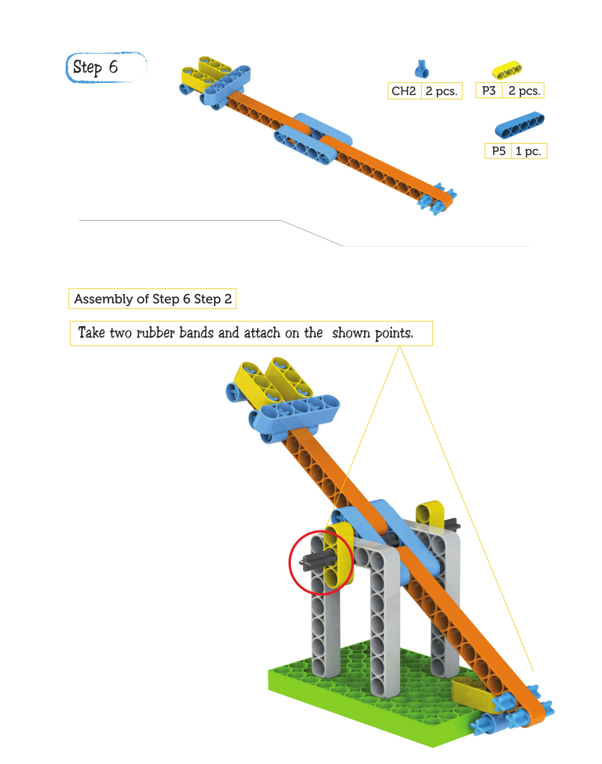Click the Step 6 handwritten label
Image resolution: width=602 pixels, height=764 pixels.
tap(96, 67)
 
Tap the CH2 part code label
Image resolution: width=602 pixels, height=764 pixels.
tap(404, 91)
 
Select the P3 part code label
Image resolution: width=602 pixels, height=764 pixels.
tap(488, 90)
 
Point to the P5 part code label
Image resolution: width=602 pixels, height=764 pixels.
tap(498, 151)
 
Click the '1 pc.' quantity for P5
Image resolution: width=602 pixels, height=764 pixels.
tap(529, 151)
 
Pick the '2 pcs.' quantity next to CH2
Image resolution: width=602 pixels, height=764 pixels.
tap(441, 91)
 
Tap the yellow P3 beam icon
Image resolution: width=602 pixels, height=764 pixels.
tap(506, 70)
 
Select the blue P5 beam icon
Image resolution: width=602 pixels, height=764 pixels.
tap(519, 125)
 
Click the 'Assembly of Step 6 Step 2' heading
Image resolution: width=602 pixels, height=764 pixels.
tap(153, 299)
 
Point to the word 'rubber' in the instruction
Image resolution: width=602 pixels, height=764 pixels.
tap(156, 333)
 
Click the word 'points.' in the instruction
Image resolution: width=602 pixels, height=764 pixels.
tap(394, 333)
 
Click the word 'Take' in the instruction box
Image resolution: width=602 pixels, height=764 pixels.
tap(91, 333)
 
